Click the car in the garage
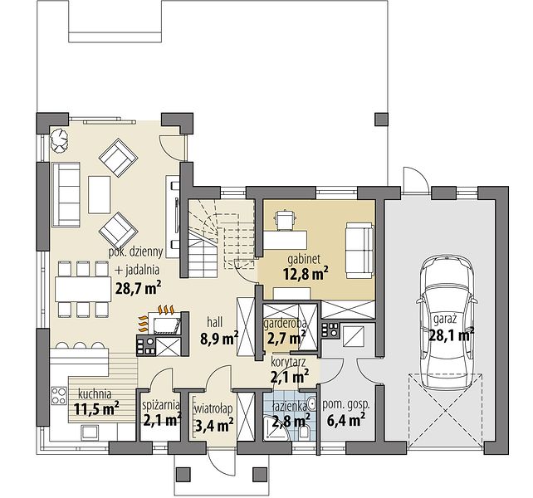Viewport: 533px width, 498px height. pos(447,323)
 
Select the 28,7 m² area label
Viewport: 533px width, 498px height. pos(138,288)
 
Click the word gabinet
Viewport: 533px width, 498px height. pos(304,259)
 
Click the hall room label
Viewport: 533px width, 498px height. pos(214,321)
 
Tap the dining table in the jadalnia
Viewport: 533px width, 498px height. pos(83,289)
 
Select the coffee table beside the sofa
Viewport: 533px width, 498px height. pos(100,194)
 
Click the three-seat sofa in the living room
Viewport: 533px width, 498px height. pos(66,194)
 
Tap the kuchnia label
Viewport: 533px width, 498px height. pos(95,394)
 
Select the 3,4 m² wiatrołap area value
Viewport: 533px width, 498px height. pos(214,425)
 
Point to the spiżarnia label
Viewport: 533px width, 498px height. pos(161,405)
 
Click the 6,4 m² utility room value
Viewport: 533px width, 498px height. pos(345,421)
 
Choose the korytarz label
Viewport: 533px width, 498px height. pos(288,362)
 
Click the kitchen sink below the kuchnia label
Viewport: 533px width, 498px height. pos(90,432)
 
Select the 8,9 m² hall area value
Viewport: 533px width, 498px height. pos(219,339)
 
